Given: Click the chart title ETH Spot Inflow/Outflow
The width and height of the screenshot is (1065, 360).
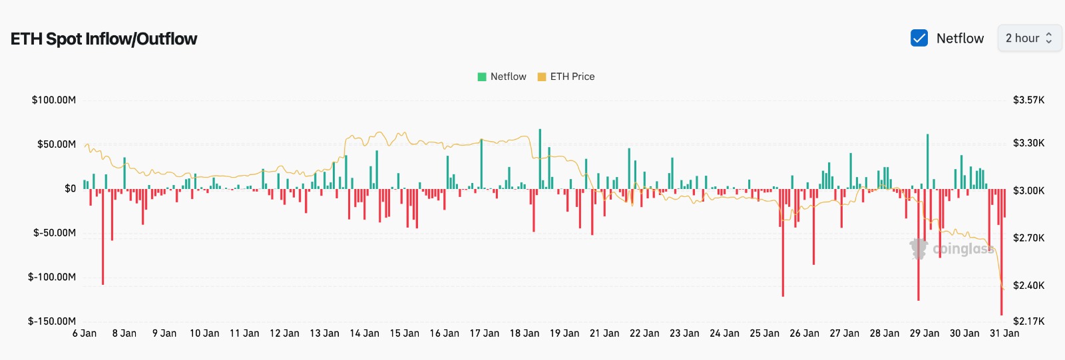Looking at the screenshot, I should point(104,39).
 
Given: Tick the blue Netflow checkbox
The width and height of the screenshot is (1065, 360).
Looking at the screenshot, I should point(919,38).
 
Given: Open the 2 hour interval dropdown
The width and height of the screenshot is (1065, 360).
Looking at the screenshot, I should point(1029,38).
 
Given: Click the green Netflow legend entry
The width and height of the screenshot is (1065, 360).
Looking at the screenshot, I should point(502,77).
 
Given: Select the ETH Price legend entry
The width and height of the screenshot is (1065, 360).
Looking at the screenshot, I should point(566,77).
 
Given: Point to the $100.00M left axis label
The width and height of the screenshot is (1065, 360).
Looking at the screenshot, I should point(54,100).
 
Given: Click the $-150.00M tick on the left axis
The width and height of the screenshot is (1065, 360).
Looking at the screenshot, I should point(52,321).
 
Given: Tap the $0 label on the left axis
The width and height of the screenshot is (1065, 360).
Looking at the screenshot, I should point(70,188).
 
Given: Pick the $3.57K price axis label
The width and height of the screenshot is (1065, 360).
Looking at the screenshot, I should point(1028,100).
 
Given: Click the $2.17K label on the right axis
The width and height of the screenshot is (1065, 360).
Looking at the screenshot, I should point(1028,321).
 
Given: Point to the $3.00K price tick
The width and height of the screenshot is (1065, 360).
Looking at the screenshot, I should point(1028,190).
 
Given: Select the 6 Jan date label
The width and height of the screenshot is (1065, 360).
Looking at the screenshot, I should point(85,333).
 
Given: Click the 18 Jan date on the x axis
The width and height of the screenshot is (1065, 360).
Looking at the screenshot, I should point(525,333).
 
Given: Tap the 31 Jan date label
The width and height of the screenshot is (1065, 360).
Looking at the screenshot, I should point(1004,333).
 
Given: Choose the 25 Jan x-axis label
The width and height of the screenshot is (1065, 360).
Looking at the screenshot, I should point(764,333).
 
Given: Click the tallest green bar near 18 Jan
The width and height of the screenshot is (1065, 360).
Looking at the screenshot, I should point(540,158).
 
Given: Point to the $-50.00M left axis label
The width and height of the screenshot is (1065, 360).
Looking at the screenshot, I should point(55,232).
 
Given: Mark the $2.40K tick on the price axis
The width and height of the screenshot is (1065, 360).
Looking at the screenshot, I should point(1028,285).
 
